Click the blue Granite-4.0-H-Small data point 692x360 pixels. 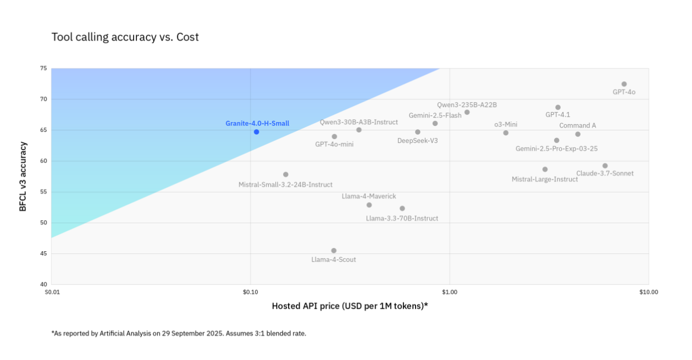[257, 131]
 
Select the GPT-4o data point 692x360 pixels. [624, 84]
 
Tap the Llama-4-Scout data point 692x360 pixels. [334, 251]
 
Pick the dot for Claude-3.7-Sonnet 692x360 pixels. [605, 166]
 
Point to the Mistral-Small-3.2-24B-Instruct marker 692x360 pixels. [286, 174]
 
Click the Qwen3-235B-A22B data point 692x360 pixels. [467, 112]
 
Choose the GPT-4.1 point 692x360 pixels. [558, 107]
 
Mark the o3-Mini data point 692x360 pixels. [505, 133]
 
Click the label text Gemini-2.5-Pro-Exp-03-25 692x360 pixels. [556, 149]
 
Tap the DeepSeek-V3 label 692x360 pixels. [417, 141]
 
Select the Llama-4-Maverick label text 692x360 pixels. [369, 196]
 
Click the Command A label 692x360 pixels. [578, 125]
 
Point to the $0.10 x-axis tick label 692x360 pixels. [251, 292]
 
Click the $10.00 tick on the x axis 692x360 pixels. [648, 292]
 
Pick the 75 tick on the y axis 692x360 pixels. [44, 68]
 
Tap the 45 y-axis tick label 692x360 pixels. [44, 254]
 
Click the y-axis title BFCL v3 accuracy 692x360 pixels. [23, 177]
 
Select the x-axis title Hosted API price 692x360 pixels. [350, 306]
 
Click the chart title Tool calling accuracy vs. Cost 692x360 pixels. [125, 37]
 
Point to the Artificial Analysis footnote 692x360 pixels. [179, 333]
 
